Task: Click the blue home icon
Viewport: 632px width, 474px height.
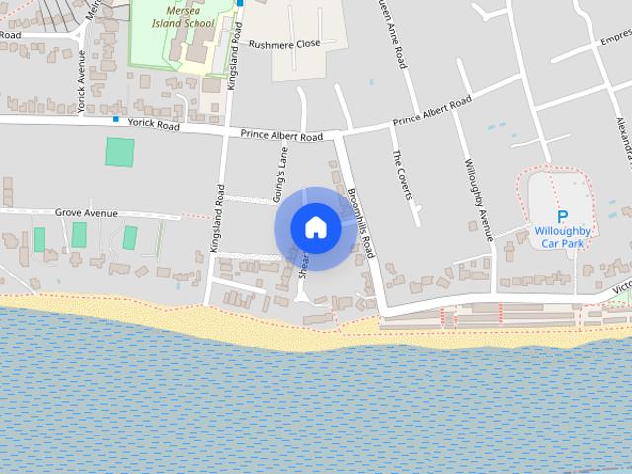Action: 315,228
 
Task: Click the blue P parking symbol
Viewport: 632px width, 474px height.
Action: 562,217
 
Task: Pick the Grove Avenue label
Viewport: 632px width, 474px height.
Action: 86,212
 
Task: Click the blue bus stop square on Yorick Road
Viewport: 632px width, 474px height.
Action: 116,120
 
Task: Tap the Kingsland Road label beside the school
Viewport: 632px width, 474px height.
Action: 233,57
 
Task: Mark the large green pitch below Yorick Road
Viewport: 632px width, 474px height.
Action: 119,152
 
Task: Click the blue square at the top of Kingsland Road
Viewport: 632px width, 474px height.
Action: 239,3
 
